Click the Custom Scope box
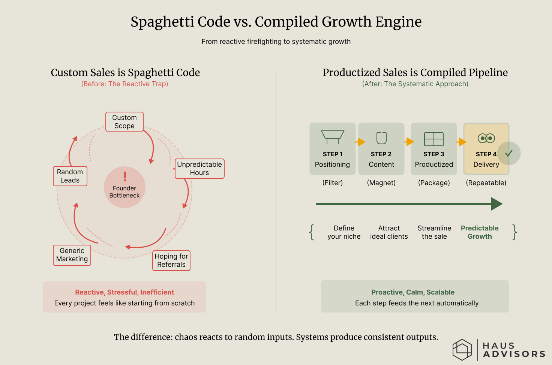(124, 122)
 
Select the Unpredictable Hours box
(199, 169)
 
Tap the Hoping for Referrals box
(171, 260)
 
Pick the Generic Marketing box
(72, 255)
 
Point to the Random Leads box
(70, 176)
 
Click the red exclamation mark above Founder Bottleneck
(125, 176)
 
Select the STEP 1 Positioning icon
(333, 137)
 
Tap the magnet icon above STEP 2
(381, 138)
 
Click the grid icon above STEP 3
(434, 139)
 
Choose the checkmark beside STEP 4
(509, 153)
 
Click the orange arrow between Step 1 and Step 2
(361, 142)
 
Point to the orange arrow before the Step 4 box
(462, 142)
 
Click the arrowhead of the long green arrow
(496, 204)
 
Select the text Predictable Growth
(480, 232)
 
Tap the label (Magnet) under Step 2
(381, 183)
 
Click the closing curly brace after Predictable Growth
(515, 232)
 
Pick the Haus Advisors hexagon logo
(462, 350)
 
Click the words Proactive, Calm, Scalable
(413, 292)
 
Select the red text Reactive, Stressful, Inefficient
(124, 292)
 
